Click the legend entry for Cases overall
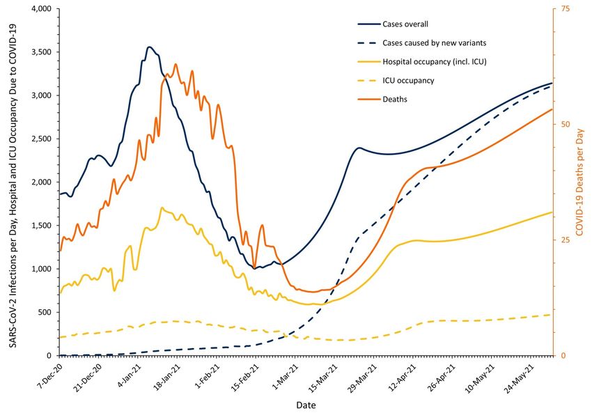tap(405, 24)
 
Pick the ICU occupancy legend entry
tap(408, 81)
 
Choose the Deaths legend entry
tap(395, 100)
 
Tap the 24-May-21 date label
tap(521, 376)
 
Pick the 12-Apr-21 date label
tap(403, 376)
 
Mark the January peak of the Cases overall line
tap(149, 47)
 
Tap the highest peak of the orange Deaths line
tap(176, 64)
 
